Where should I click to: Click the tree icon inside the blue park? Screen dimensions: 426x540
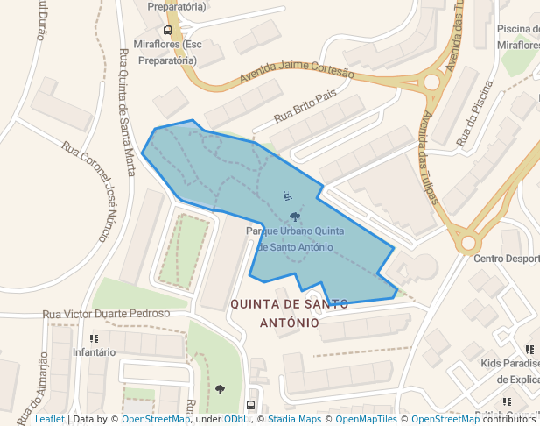click(294, 217)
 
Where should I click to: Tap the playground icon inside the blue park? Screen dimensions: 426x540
click(287, 195)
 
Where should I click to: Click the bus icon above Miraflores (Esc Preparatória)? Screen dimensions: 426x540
click(167, 29)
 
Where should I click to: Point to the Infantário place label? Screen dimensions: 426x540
click(94, 352)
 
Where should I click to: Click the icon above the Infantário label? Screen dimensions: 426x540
click(94, 337)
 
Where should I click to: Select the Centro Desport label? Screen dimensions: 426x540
click(506, 259)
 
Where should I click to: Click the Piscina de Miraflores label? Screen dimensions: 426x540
click(517, 37)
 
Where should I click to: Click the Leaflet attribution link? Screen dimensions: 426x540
click(50, 420)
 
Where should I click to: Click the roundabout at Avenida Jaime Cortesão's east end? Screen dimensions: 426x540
click(431, 82)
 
